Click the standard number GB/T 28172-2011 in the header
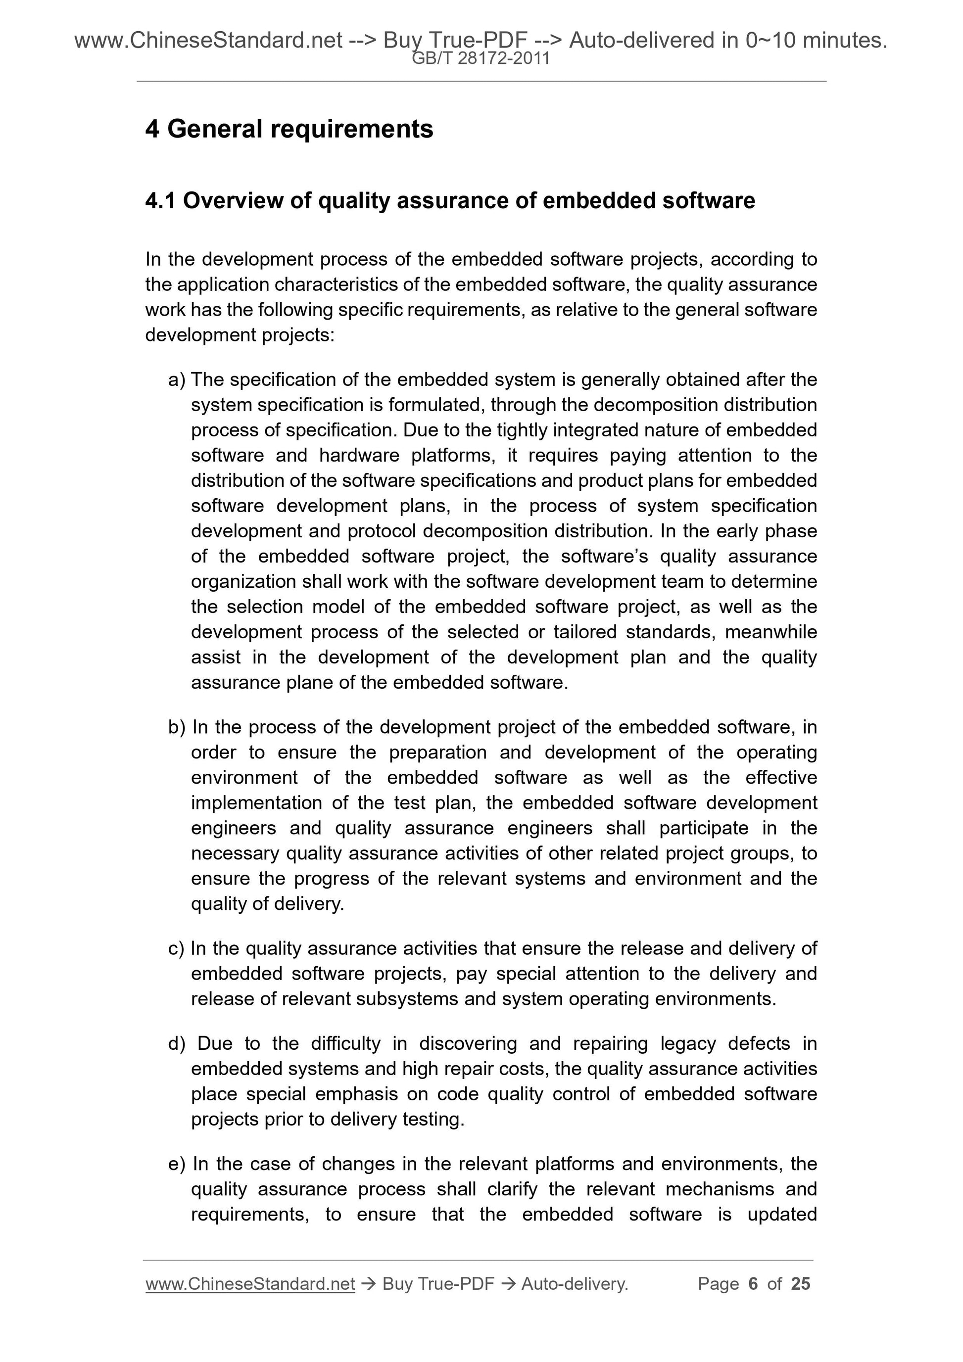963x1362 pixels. tap(481, 58)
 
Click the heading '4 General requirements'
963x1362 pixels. tap(289, 129)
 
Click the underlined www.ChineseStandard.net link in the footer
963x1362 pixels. tap(250, 1284)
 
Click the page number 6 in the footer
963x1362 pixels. tap(753, 1284)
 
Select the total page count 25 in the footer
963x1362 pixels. tap(800, 1284)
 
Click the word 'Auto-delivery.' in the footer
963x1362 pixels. tap(575, 1284)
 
